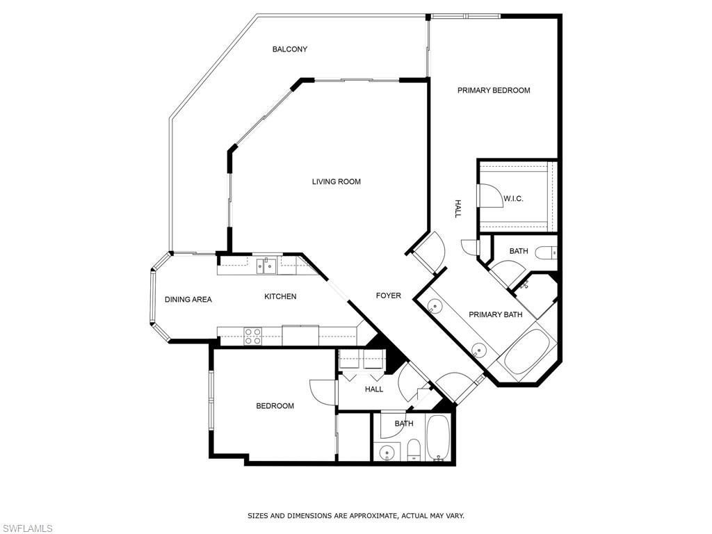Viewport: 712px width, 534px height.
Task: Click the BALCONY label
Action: [289, 49]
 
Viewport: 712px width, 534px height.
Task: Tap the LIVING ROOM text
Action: [336, 181]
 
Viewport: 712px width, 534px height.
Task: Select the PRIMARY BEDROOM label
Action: [494, 90]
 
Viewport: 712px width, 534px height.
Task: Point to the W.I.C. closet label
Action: [513, 199]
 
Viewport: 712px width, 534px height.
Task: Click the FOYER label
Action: [388, 296]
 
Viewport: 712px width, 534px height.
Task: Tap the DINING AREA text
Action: [188, 300]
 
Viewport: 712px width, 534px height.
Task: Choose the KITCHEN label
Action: [280, 296]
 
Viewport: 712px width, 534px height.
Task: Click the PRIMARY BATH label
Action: [495, 315]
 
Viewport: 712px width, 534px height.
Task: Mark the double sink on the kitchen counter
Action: [266, 264]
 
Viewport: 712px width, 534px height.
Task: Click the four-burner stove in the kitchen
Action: [252, 336]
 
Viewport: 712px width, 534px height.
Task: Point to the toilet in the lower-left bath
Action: [412, 450]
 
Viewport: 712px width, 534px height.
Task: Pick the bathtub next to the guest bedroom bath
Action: [439, 438]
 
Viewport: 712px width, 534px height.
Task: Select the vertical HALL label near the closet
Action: [458, 209]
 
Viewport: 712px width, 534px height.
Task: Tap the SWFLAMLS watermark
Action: [27, 528]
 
